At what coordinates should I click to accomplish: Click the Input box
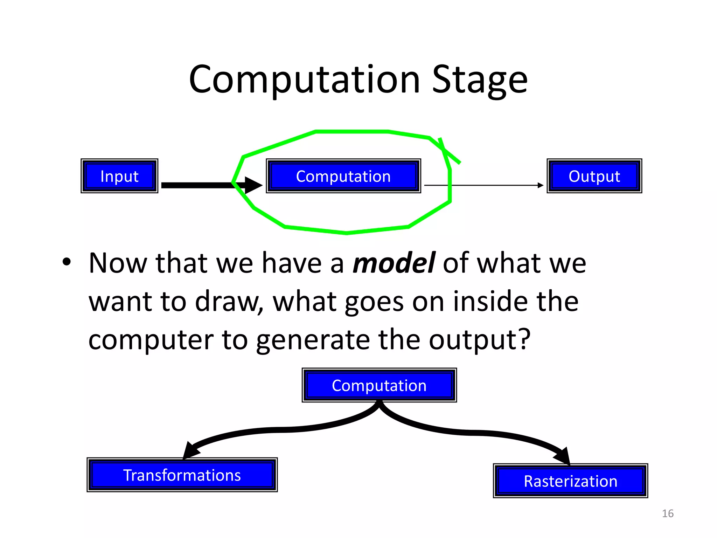click(119, 176)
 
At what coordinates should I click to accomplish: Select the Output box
click(594, 176)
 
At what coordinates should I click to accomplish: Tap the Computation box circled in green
click(343, 176)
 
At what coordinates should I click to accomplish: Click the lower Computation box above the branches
click(379, 385)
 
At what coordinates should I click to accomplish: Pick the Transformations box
click(182, 475)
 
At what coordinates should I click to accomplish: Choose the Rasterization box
click(570, 481)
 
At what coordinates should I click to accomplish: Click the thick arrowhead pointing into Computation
click(253, 185)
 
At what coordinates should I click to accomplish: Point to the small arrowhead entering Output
click(541, 185)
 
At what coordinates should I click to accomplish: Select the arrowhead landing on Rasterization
click(563, 456)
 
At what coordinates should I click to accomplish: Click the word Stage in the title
click(480, 80)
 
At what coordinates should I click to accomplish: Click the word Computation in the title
click(304, 80)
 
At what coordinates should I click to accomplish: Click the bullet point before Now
click(67, 262)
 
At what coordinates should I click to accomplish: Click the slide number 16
click(668, 513)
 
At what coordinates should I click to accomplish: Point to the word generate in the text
click(313, 340)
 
